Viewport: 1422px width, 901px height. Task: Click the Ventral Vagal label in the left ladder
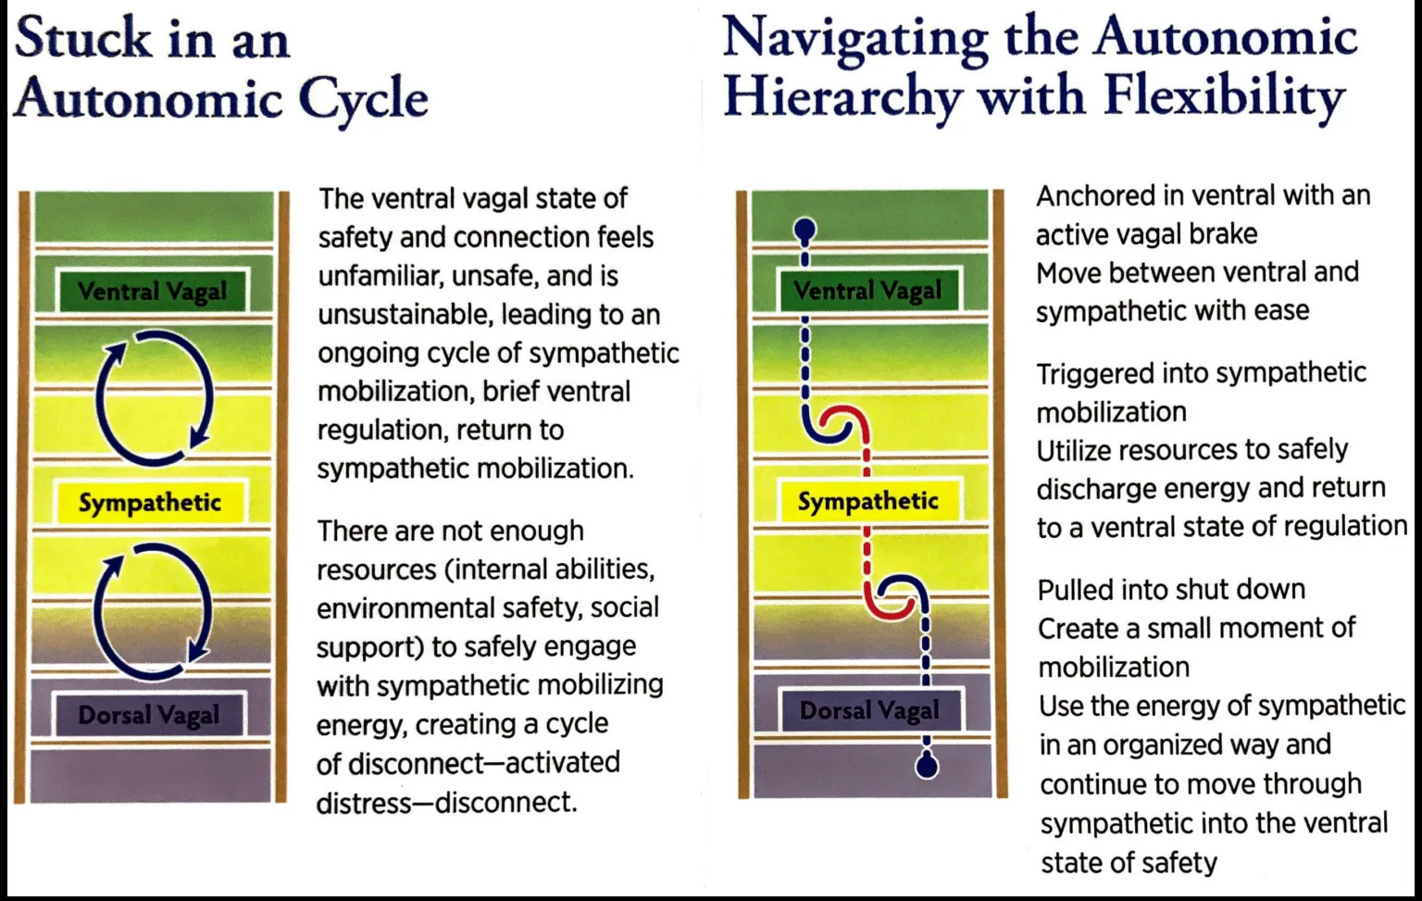pyautogui.click(x=152, y=292)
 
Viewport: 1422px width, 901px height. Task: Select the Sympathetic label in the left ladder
pyautogui.click(x=150, y=503)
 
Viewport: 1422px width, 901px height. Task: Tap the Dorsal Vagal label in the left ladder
pyautogui.click(x=149, y=715)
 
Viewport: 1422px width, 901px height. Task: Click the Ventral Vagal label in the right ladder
pyautogui.click(x=867, y=291)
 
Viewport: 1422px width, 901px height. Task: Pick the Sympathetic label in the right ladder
pyautogui.click(x=868, y=501)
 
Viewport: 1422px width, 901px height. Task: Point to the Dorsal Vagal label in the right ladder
pyautogui.click(x=869, y=710)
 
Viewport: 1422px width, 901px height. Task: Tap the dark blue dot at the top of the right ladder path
pyautogui.click(x=805, y=227)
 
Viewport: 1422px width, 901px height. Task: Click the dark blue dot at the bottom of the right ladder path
pyautogui.click(x=927, y=766)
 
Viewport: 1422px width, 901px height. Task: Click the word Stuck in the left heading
pyautogui.click(x=82, y=40)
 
